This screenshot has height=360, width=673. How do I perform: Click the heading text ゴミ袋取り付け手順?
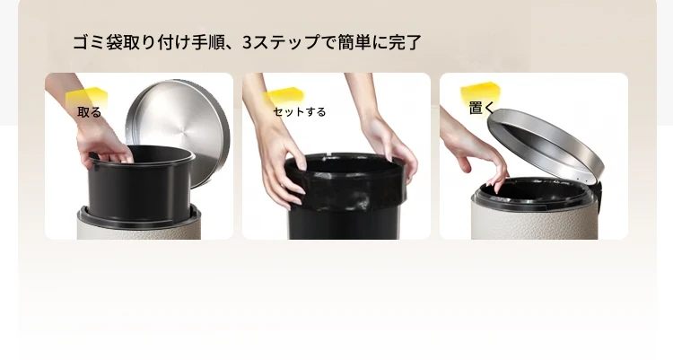tap(146, 42)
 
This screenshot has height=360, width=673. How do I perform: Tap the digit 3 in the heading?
tap(248, 42)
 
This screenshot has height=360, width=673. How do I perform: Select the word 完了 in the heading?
tap(405, 42)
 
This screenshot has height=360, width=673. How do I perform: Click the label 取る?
tap(89, 112)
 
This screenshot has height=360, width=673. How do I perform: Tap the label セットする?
tap(300, 112)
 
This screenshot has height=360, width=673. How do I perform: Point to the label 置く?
tap(482, 108)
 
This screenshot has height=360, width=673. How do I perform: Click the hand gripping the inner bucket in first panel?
tap(99, 137)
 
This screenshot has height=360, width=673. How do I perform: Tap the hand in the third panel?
tap(476, 150)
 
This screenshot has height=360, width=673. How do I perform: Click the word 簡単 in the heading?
tap(354, 42)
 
